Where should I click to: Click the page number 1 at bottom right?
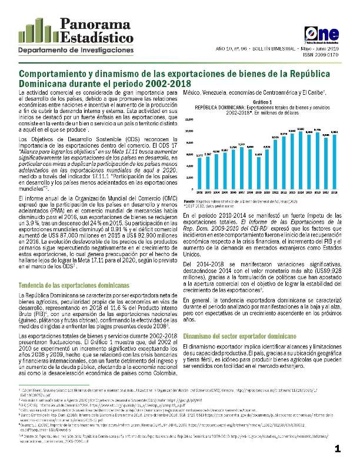[x=338, y=450]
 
